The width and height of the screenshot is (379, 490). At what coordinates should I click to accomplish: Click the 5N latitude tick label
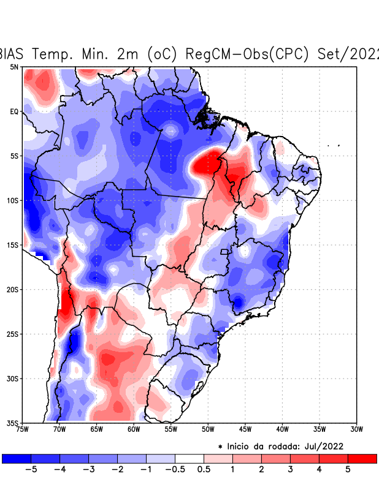coord(13,67)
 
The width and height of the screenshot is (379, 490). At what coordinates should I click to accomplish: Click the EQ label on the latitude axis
coord(13,111)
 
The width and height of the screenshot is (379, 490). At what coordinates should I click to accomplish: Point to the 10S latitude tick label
coord(12,200)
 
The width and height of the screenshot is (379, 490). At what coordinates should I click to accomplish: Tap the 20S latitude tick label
coord(12,289)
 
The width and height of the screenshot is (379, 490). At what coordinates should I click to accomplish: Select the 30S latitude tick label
coord(12,379)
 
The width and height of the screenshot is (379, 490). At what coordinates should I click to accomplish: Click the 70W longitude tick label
coord(59,429)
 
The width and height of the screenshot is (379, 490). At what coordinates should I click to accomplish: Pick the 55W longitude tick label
coord(171,429)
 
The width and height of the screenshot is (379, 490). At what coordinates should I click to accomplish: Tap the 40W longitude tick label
coord(282,429)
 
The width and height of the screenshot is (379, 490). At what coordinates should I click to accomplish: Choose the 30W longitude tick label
coord(356,429)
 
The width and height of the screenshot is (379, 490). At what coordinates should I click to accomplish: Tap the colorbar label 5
coord(347,470)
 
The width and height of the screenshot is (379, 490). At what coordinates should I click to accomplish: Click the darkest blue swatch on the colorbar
coord(17,458)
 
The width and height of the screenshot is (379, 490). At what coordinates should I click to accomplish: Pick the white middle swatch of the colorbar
coord(189,458)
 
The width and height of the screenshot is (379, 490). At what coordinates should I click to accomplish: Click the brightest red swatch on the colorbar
coord(362,458)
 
